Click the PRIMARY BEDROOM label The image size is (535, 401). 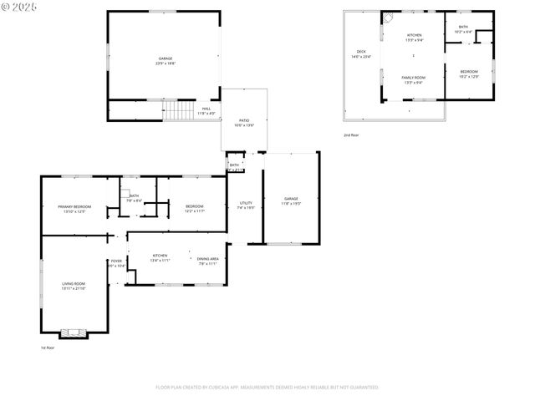pyautogui.click(x=74, y=208)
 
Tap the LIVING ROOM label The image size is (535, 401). pyautogui.click(x=73, y=285)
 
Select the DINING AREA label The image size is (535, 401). pyautogui.click(x=208, y=260)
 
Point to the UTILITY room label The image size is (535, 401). pyautogui.click(x=246, y=204)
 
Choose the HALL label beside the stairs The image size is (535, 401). pyautogui.click(x=206, y=109)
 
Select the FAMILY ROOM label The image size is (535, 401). pyautogui.click(x=414, y=79)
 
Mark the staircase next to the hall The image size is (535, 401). pyautogui.click(x=178, y=110)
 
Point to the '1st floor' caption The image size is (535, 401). pyautogui.click(x=48, y=348)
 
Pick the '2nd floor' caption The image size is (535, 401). pyautogui.click(x=351, y=135)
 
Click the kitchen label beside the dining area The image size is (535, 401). pyautogui.click(x=160, y=257)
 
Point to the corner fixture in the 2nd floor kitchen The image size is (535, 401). pyautogui.click(x=387, y=18)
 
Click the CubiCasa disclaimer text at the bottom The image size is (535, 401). pyautogui.click(x=267, y=387)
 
